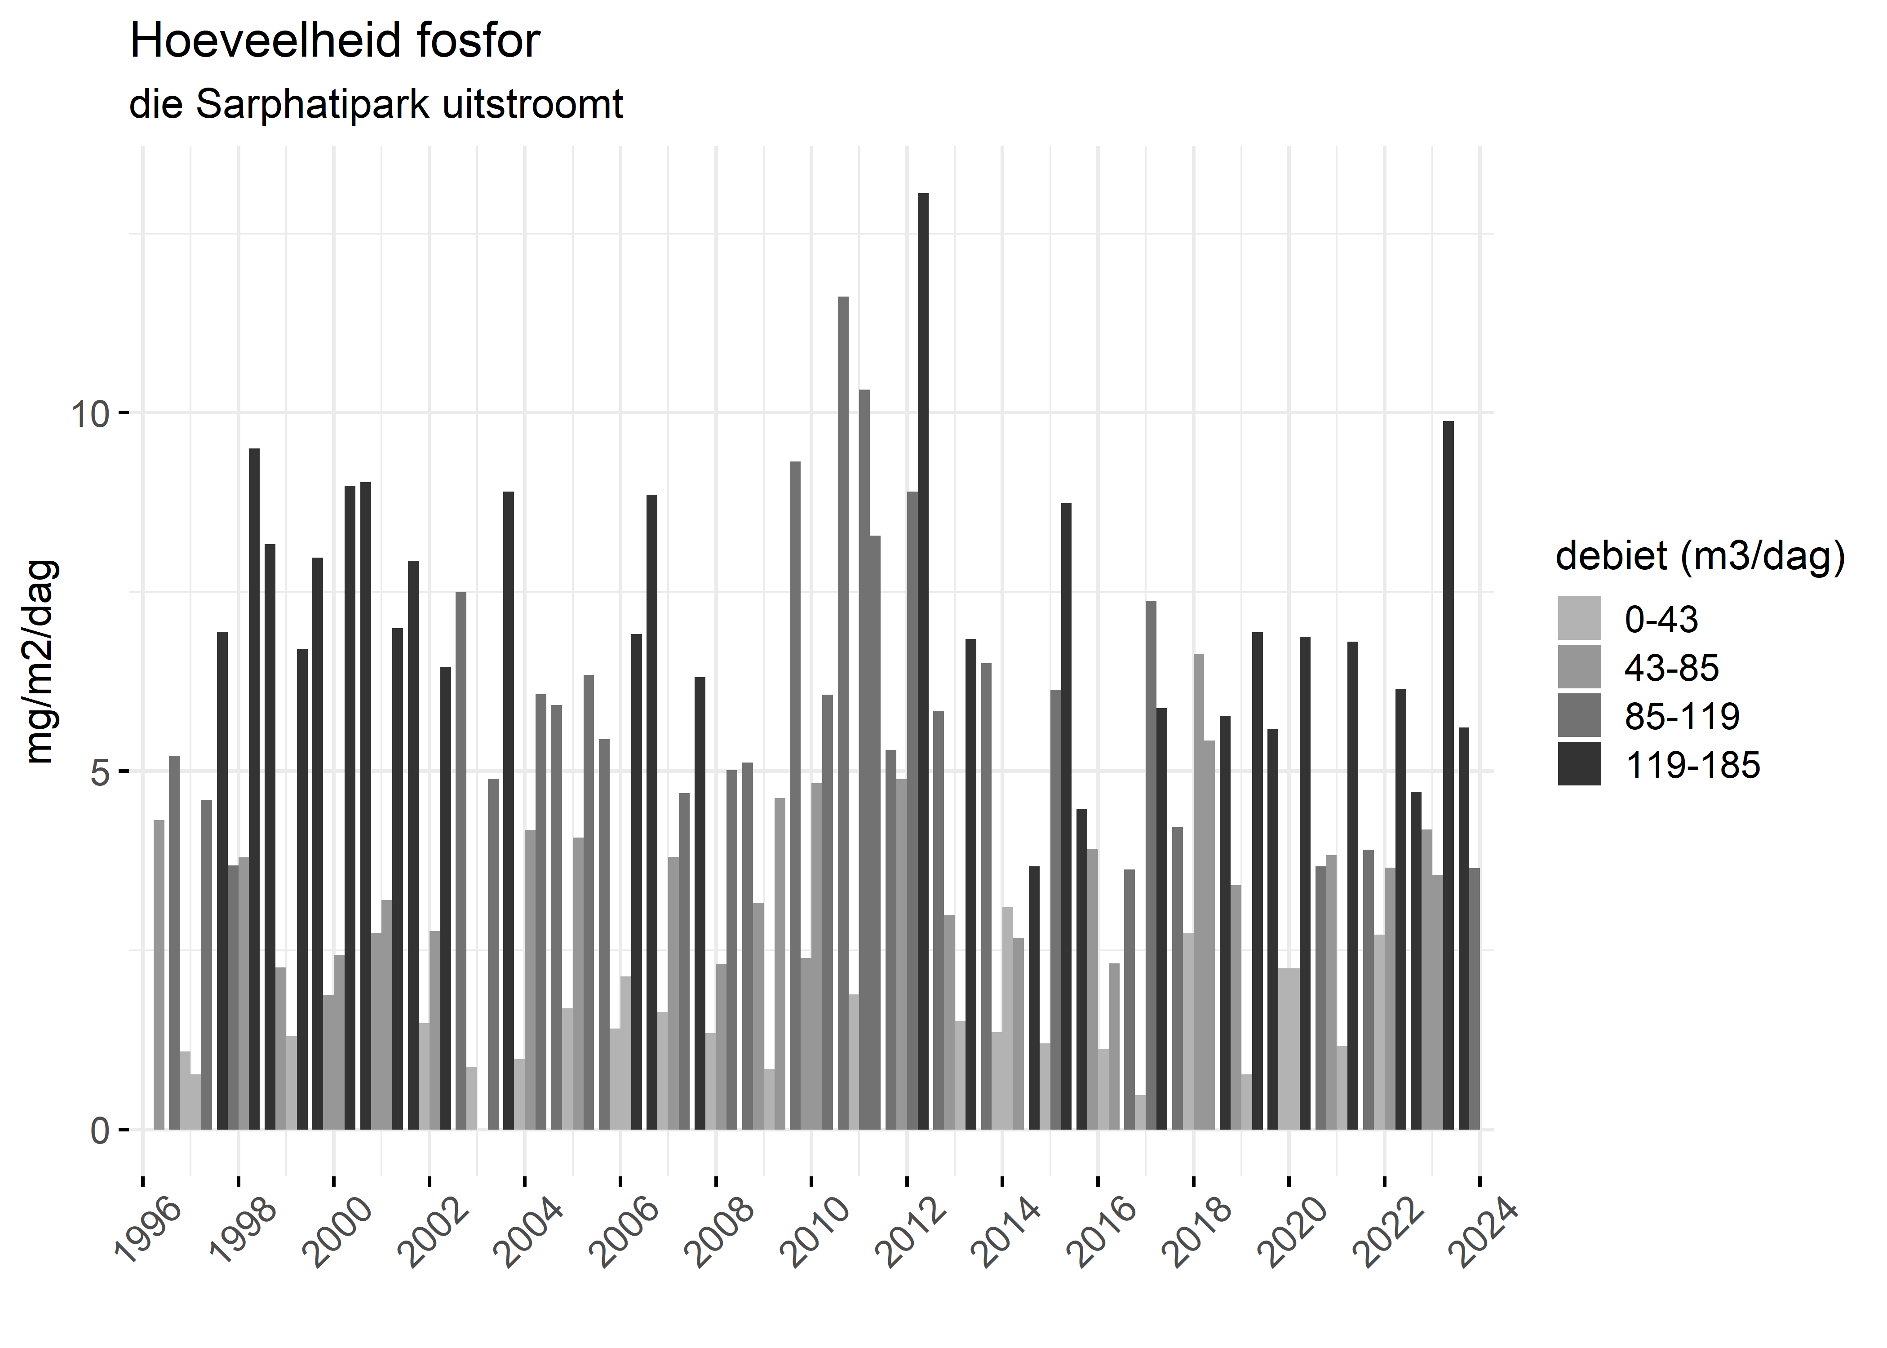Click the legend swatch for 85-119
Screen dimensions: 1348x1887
click(1579, 715)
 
